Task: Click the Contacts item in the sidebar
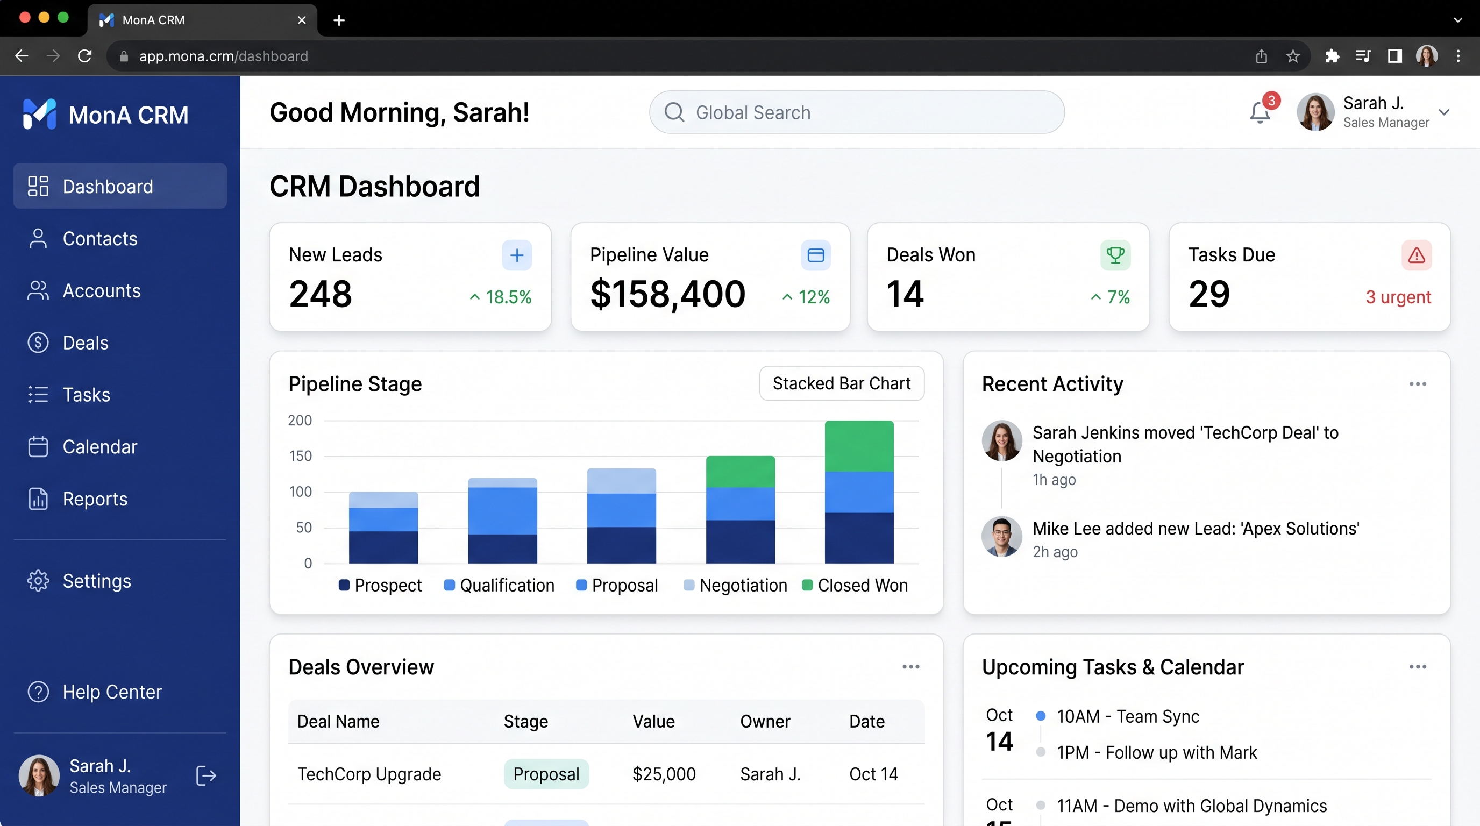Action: [83, 238]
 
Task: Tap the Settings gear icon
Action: [38, 581]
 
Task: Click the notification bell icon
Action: [1260, 112]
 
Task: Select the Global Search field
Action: [857, 112]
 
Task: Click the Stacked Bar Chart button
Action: [842, 383]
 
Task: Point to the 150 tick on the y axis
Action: [300, 456]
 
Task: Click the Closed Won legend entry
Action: [855, 585]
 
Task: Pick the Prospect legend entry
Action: [380, 585]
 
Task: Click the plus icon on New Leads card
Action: [517, 255]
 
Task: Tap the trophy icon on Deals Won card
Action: [1115, 255]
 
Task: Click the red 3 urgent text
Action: [1398, 297]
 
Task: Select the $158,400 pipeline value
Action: [667, 294]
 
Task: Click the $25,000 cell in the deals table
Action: [664, 774]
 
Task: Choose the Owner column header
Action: [765, 721]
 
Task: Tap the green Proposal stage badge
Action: [546, 774]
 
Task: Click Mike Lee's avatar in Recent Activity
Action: [1001, 537]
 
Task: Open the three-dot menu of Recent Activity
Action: [1418, 384]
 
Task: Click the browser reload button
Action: [85, 56]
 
